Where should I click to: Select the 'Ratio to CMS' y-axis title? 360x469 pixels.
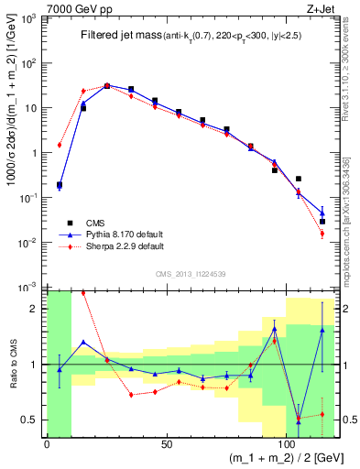pyautogui.click(x=13, y=365)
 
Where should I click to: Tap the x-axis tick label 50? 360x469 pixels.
pyautogui.click(x=166, y=445)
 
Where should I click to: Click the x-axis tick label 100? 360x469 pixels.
pyautogui.click(x=286, y=445)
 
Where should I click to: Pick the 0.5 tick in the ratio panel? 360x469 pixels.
pyautogui.click(x=33, y=420)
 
